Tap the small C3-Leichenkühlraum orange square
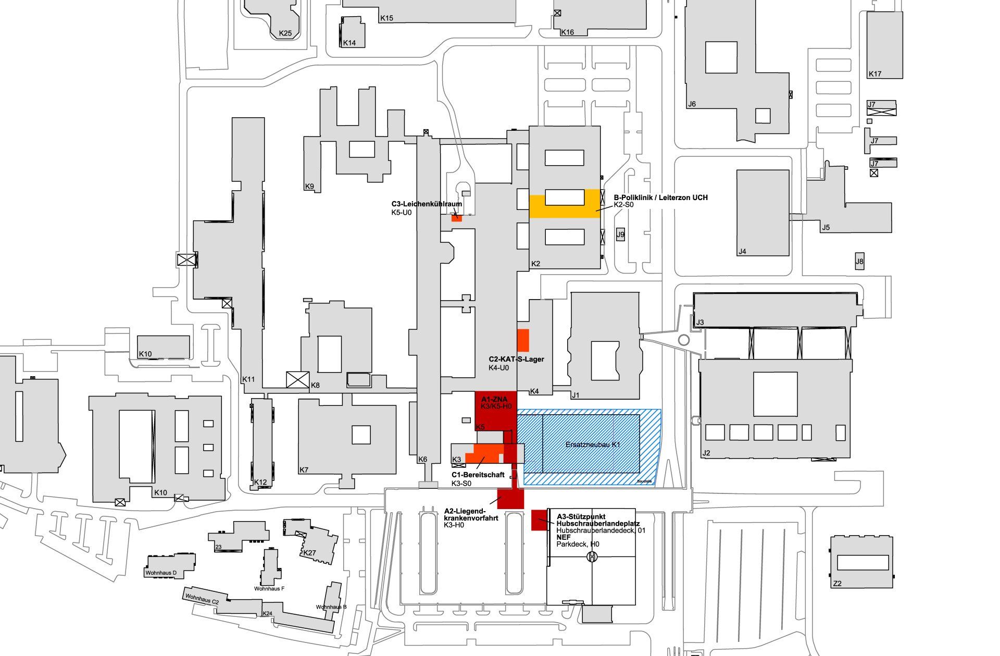point(457,218)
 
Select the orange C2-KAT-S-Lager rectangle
point(523,340)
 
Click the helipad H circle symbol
point(592,557)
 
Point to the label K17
point(875,74)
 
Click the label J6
point(692,104)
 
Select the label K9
point(309,186)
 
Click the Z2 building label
point(837,584)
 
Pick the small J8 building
point(859,262)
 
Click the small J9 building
point(620,234)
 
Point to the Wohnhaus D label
point(161,573)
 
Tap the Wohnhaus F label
point(269,589)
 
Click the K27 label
point(309,553)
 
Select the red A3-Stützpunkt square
point(539,520)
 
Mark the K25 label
point(285,33)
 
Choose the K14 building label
point(349,43)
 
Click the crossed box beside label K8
point(298,379)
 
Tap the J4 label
point(742,252)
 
